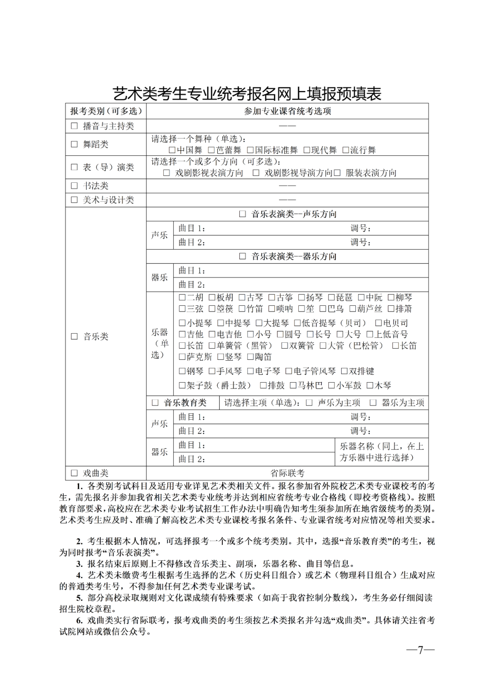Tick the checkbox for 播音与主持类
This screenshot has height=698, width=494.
click(x=75, y=126)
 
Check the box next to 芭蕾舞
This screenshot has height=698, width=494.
click(x=211, y=150)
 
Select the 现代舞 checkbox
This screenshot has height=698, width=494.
click(x=307, y=150)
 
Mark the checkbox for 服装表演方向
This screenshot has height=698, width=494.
click(x=337, y=173)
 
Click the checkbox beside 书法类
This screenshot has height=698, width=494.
click(x=75, y=186)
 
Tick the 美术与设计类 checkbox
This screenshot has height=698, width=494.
click(x=75, y=200)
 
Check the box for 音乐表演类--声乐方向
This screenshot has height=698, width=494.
click(x=242, y=214)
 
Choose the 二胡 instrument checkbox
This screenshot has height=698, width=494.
click(x=182, y=298)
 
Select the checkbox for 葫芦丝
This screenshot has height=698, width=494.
click(x=353, y=309)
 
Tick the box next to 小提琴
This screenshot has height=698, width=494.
click(x=182, y=323)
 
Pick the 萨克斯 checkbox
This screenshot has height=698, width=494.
click(x=182, y=357)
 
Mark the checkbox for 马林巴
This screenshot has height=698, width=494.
click(x=294, y=386)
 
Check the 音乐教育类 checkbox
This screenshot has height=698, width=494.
click(x=155, y=403)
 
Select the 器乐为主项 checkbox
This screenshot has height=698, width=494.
click(x=373, y=403)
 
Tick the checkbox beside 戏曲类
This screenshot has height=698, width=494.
click(x=75, y=473)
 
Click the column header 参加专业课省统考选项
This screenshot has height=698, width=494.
click(x=287, y=111)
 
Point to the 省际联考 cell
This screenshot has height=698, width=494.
click(x=287, y=473)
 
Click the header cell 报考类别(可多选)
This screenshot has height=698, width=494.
click(x=106, y=111)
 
